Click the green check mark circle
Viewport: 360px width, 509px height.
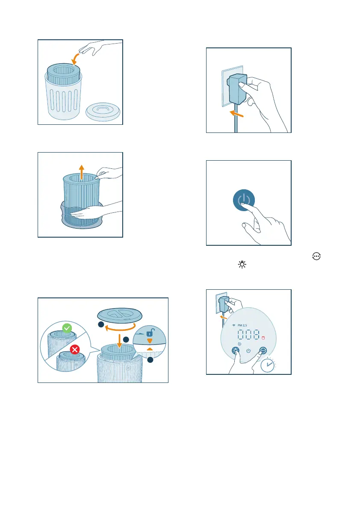tap(67, 328)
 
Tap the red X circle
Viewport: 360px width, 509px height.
tap(75, 350)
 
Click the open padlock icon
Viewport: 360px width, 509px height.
tap(150, 332)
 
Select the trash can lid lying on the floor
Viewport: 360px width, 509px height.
tap(103, 112)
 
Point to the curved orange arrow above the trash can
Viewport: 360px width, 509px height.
tap(75, 59)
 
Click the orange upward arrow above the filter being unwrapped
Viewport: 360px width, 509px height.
tap(82, 172)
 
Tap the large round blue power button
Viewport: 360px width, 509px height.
tap(244, 200)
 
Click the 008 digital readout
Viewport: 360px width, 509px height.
tap(248, 334)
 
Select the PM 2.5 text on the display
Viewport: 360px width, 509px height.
tap(242, 325)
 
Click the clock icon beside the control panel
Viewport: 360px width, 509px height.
tap(268, 365)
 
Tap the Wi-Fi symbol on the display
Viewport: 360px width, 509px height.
tap(234, 325)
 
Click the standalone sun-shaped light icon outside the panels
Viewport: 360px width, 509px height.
tap(242, 265)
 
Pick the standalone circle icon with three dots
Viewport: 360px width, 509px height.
tap(316, 256)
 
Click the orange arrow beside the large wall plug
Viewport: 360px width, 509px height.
tap(236, 114)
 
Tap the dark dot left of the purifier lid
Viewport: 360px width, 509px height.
tap(101, 324)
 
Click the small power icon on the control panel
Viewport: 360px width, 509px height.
tap(248, 351)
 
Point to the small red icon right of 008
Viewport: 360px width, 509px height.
tap(263, 338)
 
